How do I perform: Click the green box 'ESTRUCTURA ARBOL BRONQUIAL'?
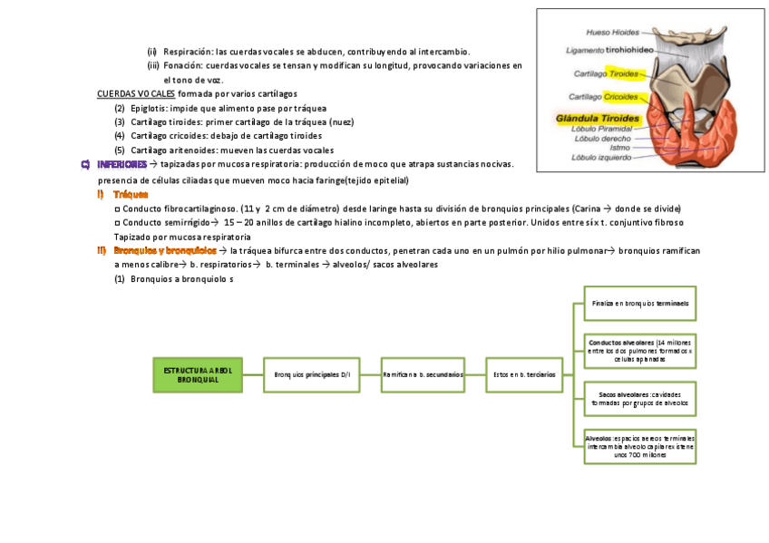[198, 374]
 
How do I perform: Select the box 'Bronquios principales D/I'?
[311, 374]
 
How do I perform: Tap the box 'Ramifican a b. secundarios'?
[423, 374]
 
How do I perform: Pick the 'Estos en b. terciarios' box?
[524, 374]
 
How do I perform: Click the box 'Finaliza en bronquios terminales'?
[640, 303]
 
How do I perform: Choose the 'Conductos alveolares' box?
[640, 350]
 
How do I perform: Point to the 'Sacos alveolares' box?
[640, 399]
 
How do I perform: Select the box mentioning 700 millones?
[640, 447]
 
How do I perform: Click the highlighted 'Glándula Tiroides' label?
[599, 119]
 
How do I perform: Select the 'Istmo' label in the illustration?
[619, 147]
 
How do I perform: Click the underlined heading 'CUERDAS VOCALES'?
[136, 93]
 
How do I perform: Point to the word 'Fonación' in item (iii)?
[182, 66]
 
